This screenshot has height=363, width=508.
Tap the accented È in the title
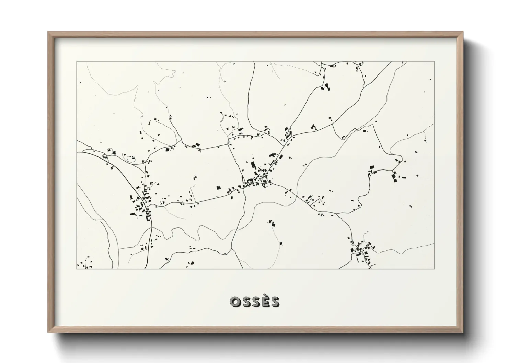pyautogui.click(x=265, y=302)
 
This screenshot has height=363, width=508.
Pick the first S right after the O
pyautogui.click(x=246, y=302)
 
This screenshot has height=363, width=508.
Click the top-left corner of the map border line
pyautogui.click(x=77, y=62)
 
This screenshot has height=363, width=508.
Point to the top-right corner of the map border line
pyautogui.click(x=434, y=62)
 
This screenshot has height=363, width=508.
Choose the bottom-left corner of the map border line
pyautogui.click(x=77, y=269)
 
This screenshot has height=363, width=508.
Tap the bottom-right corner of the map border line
pyautogui.click(x=434, y=269)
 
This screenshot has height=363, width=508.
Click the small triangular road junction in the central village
pyautogui.click(x=265, y=180)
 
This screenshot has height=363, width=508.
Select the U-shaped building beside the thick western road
pyautogui.click(x=148, y=218)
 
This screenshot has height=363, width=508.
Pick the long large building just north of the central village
pyautogui.click(x=253, y=165)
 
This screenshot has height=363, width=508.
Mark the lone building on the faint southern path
pyautogui.click(x=281, y=243)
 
